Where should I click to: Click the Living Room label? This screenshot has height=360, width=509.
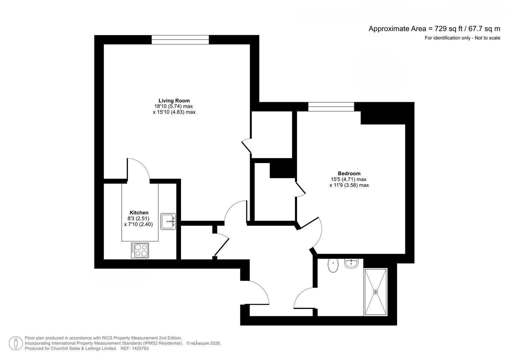[x=174, y=101]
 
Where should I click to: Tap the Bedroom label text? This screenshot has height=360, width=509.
[x=349, y=173]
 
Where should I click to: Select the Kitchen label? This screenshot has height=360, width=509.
[x=139, y=213]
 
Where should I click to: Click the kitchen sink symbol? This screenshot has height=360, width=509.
[x=168, y=221]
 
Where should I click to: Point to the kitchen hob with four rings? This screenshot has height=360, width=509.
[x=140, y=250]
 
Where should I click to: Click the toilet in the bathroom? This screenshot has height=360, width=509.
[x=333, y=265]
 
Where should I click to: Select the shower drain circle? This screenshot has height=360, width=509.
[x=376, y=292]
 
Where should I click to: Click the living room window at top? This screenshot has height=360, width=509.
[x=180, y=40]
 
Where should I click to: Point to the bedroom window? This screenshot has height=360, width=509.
[x=331, y=107]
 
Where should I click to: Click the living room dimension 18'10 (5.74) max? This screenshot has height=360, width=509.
[x=173, y=106]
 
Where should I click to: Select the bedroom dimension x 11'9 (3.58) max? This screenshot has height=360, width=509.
[x=349, y=185]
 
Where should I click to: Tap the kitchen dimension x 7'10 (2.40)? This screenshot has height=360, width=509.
[x=138, y=224]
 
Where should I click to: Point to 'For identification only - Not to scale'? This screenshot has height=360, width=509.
[x=462, y=38]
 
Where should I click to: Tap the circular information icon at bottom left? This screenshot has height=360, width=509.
[x=16, y=343]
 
